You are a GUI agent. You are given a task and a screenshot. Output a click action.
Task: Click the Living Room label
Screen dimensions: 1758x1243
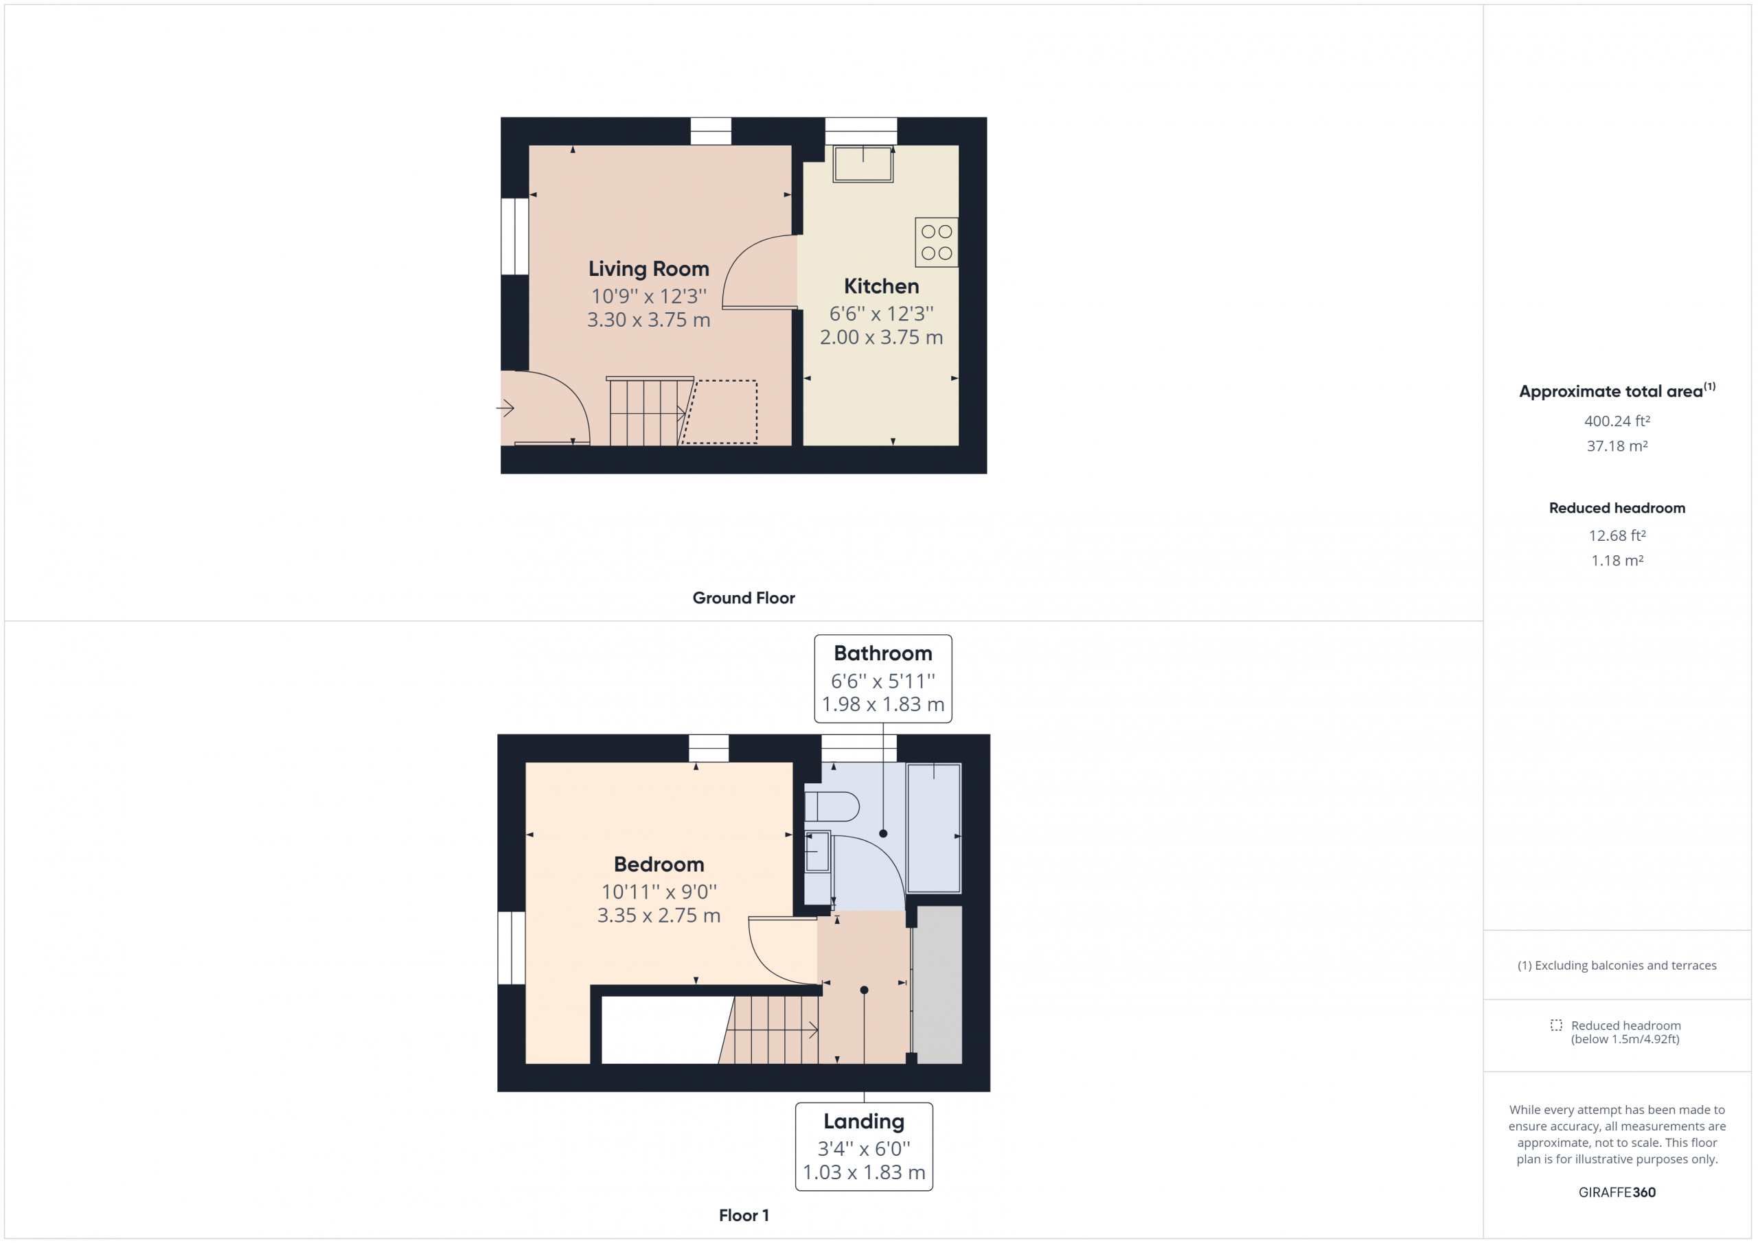(x=648, y=268)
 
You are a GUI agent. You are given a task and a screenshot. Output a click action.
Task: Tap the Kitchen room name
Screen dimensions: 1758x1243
(x=881, y=286)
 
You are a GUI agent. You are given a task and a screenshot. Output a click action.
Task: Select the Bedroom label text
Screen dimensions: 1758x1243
(x=659, y=864)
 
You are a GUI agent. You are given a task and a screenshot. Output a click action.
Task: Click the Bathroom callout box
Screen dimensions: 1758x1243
(x=883, y=678)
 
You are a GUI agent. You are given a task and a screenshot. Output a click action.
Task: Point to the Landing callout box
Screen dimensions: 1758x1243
(x=864, y=1146)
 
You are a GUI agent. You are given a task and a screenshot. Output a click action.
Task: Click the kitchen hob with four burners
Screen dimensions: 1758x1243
(x=937, y=242)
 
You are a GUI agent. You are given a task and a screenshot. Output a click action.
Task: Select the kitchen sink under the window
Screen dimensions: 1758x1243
(x=863, y=164)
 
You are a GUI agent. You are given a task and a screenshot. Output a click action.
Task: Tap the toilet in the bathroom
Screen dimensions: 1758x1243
(x=832, y=806)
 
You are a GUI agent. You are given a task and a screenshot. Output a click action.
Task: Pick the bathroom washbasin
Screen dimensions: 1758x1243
(x=818, y=851)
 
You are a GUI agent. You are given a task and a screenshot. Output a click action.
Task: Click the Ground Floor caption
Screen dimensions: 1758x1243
(x=744, y=598)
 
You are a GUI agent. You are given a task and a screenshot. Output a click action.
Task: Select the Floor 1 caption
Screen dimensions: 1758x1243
(x=744, y=1216)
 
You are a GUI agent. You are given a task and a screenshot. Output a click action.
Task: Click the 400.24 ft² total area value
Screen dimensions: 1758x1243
(x=1617, y=420)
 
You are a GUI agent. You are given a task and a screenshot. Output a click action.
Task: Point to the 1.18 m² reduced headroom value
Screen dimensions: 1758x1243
(x=1617, y=560)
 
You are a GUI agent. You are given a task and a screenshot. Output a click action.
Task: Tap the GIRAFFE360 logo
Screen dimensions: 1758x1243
(x=1617, y=1192)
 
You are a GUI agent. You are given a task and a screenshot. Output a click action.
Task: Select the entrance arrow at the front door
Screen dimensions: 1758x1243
(x=505, y=408)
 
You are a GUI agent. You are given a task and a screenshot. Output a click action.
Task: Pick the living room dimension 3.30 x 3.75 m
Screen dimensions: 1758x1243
(x=648, y=319)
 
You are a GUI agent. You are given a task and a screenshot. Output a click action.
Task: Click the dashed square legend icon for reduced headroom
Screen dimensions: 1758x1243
(x=1556, y=1025)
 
